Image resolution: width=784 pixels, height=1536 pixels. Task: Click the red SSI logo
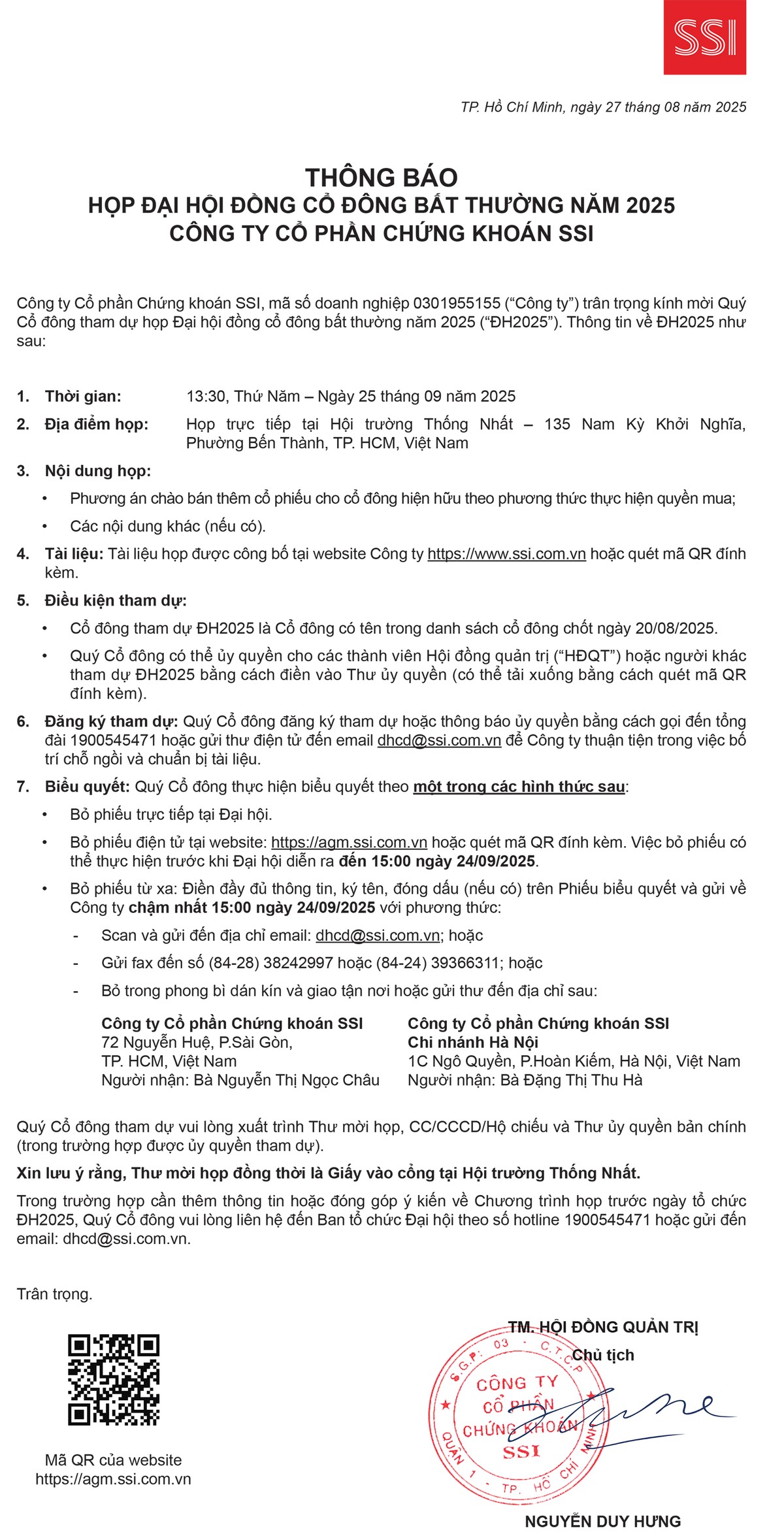[704, 37]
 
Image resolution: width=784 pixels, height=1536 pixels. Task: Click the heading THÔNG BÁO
[382, 178]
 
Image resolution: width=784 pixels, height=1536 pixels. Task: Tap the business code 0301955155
[457, 303]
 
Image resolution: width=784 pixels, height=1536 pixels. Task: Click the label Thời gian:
[83, 396]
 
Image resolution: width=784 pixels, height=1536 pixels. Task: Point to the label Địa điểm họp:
[97, 424]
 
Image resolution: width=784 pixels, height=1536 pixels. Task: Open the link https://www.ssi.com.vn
[506, 554]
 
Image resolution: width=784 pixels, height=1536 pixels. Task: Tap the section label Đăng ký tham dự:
[111, 721]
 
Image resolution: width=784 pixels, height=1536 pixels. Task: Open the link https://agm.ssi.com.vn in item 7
[349, 842]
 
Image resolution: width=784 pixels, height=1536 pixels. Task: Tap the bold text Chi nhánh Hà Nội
[473, 1042]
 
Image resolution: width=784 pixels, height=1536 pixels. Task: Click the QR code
[114, 1380]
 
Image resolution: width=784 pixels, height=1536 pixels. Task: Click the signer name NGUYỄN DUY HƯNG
[602, 1521]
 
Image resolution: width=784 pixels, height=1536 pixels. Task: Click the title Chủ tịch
[603, 1354]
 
